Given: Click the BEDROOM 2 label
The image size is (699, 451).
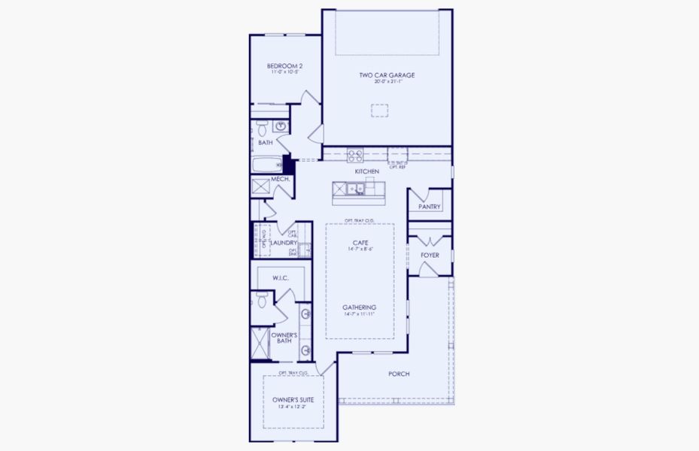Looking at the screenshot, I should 284,66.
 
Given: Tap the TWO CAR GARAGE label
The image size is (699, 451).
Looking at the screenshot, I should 387,75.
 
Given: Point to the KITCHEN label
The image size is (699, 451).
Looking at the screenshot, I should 367,172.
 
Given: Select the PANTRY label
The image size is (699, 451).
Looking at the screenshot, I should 430,206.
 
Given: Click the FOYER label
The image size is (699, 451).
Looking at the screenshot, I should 430,256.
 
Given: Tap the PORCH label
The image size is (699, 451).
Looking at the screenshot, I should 399,374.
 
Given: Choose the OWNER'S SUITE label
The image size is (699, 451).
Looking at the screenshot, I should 293,400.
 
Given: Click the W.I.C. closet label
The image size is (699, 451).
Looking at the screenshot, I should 281,278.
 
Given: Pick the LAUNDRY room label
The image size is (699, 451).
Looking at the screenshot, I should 284,243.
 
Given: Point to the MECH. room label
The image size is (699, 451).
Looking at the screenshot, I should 281,179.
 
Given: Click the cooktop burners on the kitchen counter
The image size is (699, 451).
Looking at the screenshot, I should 355,156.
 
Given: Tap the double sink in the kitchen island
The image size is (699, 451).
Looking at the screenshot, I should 360,189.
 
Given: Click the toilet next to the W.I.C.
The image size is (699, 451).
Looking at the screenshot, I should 263,300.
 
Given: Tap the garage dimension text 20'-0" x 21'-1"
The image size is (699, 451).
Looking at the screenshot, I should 387,82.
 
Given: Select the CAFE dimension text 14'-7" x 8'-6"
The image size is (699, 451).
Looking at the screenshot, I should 359,249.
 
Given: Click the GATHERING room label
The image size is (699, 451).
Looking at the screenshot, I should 359,307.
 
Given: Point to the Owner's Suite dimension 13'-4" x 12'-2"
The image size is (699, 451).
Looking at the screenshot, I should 293,407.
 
